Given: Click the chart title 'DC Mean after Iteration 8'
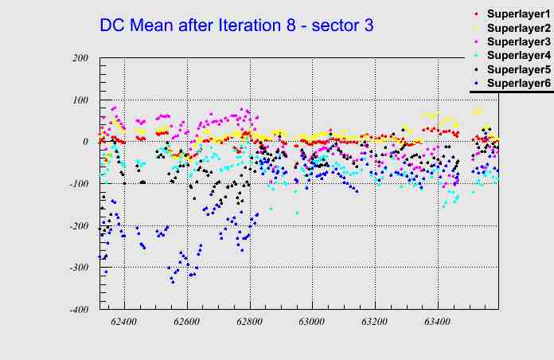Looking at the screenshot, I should (x=236, y=25).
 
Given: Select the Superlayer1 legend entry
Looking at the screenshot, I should (x=517, y=15).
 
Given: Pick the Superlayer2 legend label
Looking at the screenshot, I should (x=517, y=29).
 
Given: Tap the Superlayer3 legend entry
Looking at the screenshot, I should (x=517, y=42).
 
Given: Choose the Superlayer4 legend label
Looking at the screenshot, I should (x=517, y=56).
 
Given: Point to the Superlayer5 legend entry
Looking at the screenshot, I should (x=517, y=69).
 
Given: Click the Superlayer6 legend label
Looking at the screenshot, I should (x=517, y=83).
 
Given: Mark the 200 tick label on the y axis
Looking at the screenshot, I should (x=80, y=58).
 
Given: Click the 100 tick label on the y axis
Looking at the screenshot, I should (x=80, y=100).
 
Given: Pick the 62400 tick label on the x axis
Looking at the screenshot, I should (x=124, y=323).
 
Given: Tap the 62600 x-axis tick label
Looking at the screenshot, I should (x=187, y=323).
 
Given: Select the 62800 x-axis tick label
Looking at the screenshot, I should (x=249, y=323).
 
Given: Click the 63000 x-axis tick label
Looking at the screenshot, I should (x=311, y=323).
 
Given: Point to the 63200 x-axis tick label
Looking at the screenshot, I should (x=374, y=323).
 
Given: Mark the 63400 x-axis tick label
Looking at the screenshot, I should (x=436, y=323).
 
